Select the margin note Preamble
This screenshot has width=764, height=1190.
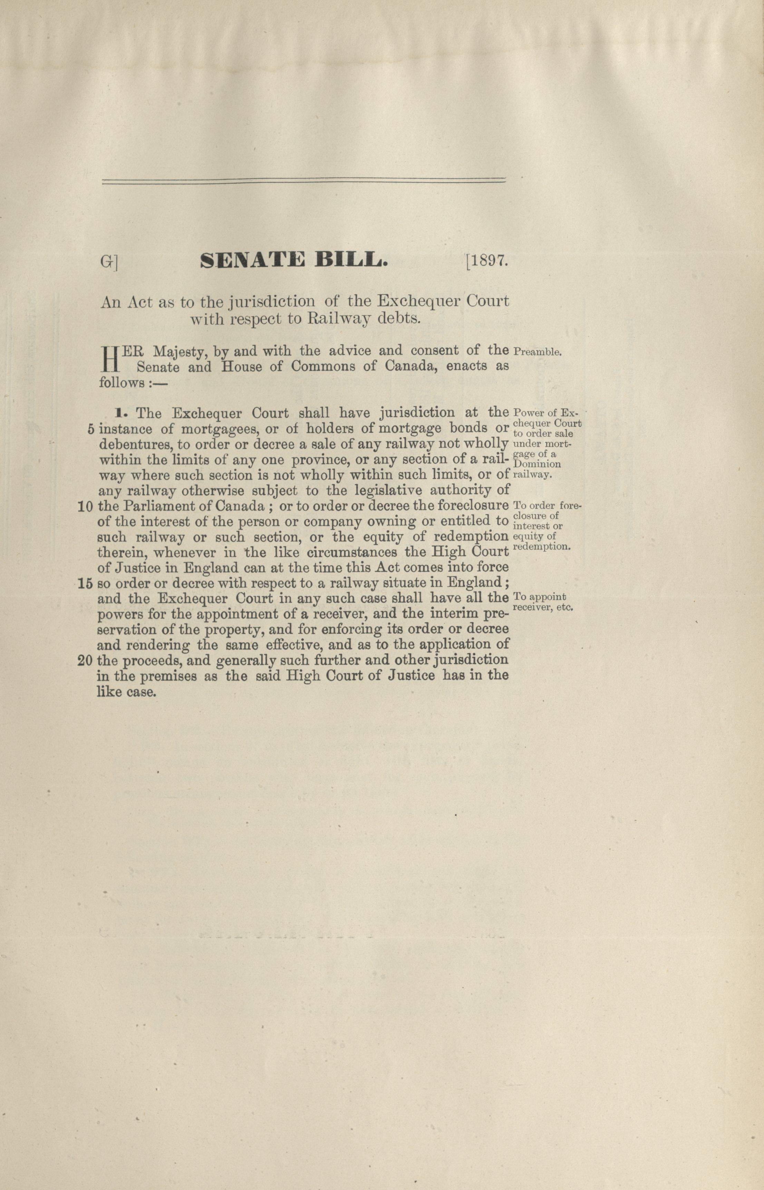click(538, 353)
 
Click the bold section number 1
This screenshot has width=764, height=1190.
click(119, 412)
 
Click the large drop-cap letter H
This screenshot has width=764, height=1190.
click(109, 360)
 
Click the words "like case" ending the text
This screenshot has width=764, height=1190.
click(127, 693)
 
